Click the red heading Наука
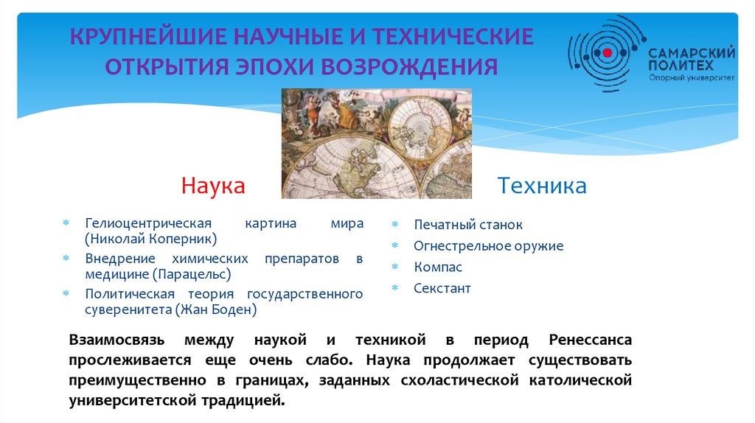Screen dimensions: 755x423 coord(213,186)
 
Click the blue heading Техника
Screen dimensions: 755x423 coord(542,186)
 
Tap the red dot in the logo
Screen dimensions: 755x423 coord(608,52)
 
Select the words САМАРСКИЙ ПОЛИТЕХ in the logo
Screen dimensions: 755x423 coord(692,59)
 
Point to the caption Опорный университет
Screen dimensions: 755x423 coord(692,77)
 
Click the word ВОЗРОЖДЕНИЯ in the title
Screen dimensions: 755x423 coord(409,67)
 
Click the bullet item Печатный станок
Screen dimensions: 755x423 coord(468,225)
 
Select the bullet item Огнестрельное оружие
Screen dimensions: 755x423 coord(488,246)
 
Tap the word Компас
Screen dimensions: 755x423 coord(438,267)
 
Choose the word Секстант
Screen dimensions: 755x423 coord(442,288)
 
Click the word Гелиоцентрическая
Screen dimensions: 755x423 coord(148,224)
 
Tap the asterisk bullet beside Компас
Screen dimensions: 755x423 coord(395,267)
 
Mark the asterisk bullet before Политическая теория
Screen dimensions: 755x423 coord(66,293)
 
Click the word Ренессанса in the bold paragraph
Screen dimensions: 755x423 coord(591,340)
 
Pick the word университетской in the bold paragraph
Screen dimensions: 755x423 coord(133,400)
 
